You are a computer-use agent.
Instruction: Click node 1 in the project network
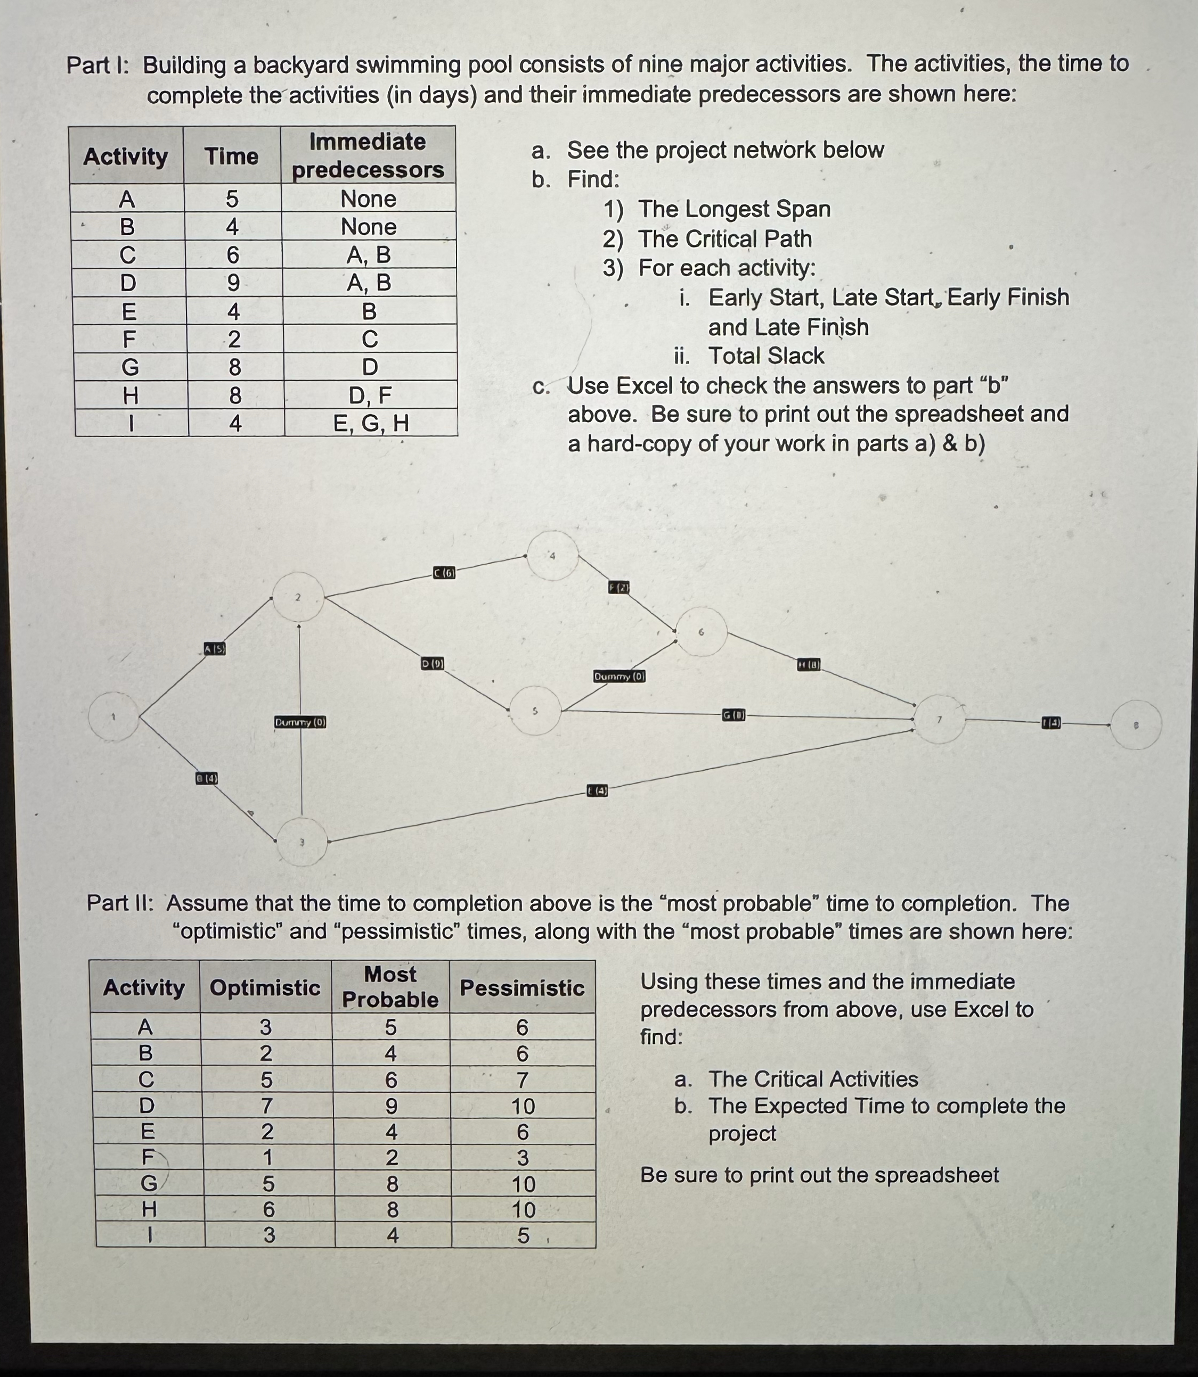[x=113, y=717]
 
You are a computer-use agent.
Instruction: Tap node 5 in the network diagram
[x=535, y=711]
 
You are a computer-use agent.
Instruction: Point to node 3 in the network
[x=301, y=842]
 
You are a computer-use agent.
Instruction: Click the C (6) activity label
[x=444, y=573]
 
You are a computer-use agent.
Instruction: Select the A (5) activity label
[x=215, y=648]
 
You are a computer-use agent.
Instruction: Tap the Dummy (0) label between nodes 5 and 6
[x=619, y=676]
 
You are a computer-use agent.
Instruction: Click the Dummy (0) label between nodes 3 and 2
[x=300, y=722]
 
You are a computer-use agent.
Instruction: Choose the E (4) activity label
[x=597, y=791]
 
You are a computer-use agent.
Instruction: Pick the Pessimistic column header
[x=522, y=987]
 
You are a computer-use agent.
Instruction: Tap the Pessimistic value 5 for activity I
[x=523, y=1236]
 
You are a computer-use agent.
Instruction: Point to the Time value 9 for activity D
[x=233, y=283]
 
